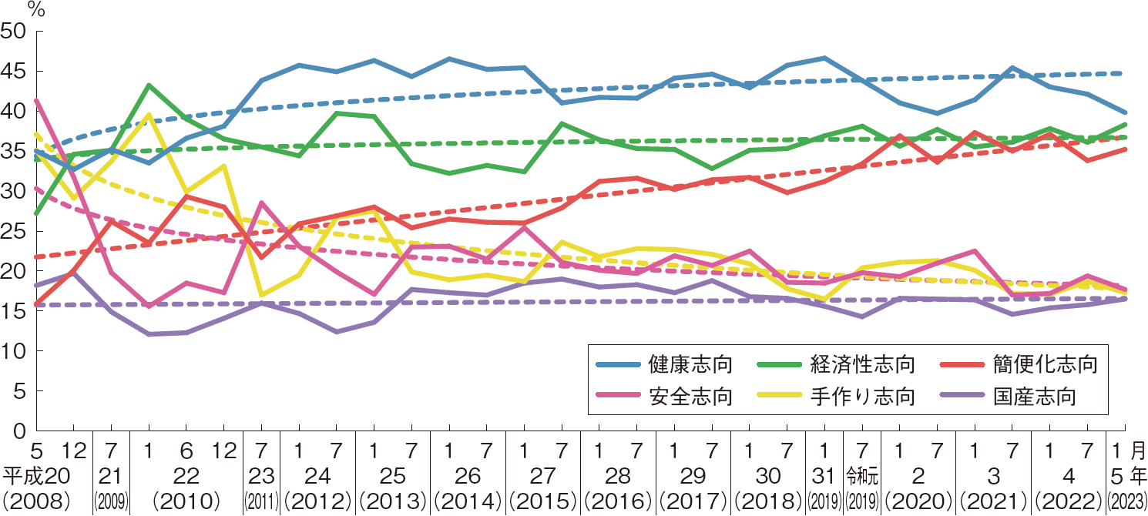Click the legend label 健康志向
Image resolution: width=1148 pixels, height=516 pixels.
pyautogui.click(x=690, y=364)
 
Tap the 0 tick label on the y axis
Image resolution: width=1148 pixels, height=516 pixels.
pyautogui.click(x=19, y=431)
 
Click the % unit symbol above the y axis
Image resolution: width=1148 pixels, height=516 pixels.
pyautogui.click(x=35, y=9)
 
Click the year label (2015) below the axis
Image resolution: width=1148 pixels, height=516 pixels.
pyautogui.click(x=543, y=500)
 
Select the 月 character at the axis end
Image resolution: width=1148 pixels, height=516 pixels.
pyautogui.click(x=1138, y=448)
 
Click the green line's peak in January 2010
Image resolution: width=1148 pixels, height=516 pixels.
pyautogui.click(x=149, y=85)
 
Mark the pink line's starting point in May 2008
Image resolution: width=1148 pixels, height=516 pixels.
pyautogui.click(x=36, y=100)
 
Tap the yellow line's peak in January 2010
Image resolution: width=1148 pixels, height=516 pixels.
pyautogui.click(x=149, y=115)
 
